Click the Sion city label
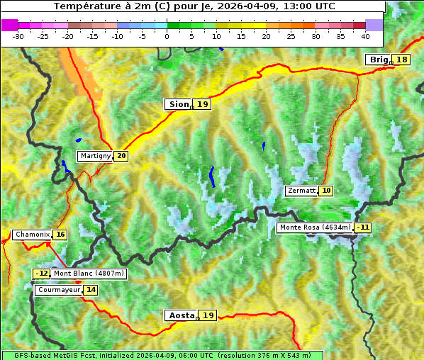178,104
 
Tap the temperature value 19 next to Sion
203,104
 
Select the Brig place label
378,60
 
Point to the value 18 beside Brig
402,60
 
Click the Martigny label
95,156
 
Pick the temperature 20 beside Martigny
121,156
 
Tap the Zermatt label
301,191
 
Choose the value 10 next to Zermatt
326,191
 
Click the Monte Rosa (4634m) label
315,227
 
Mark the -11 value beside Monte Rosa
363,227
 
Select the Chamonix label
32,235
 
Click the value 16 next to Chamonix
60,235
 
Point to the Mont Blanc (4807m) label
89,274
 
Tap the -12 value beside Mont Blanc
42,274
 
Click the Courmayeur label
58,290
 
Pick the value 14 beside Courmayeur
91,290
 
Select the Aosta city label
180,315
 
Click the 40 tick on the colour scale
365,35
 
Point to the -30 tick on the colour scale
18,35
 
